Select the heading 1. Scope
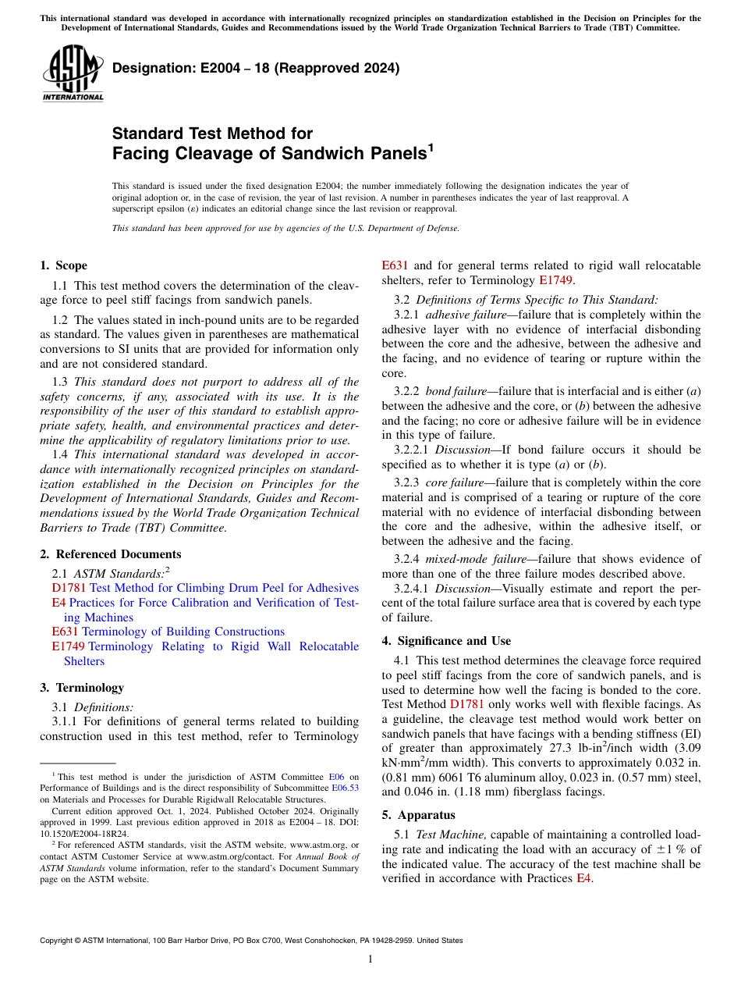click(64, 265)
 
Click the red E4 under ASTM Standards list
click(58, 603)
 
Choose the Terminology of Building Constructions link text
click(183, 632)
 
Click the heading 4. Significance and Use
click(446, 641)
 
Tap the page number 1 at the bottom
click(370, 959)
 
